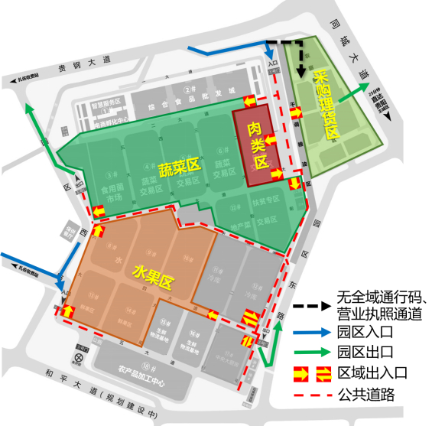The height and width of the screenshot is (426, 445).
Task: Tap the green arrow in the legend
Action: click(314, 353)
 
